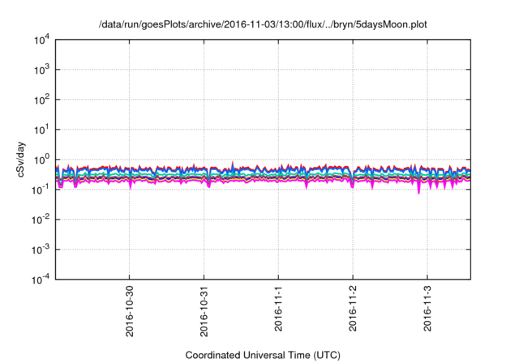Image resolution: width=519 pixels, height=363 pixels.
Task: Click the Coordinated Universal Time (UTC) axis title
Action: tap(262, 355)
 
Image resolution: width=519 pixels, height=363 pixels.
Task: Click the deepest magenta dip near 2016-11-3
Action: tap(419, 192)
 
